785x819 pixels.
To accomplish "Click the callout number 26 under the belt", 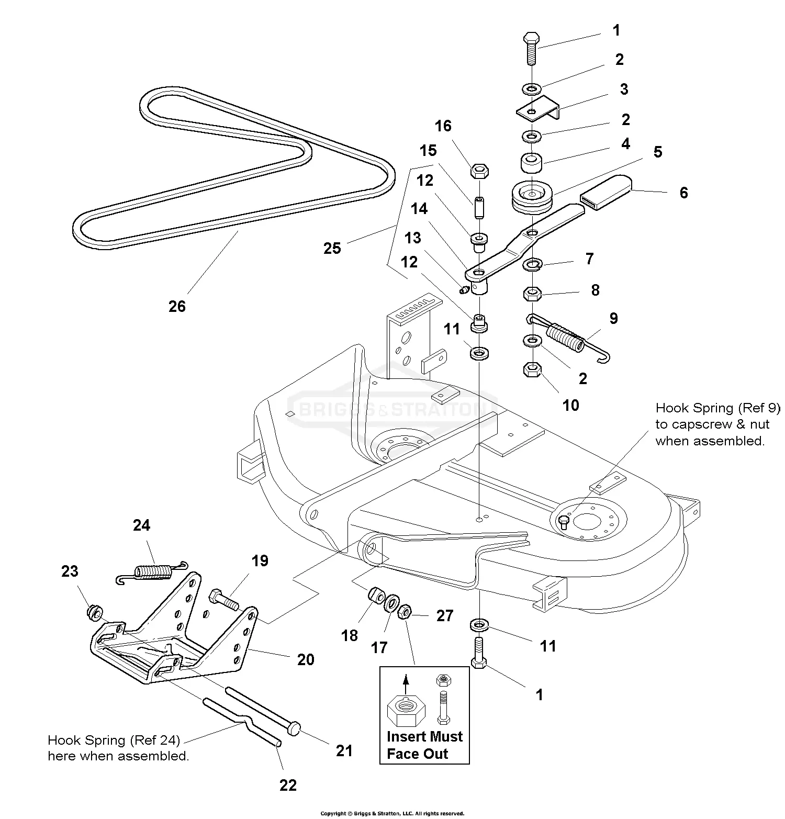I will click(177, 306).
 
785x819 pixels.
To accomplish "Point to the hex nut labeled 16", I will click(479, 171).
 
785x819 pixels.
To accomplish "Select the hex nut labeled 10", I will click(532, 371).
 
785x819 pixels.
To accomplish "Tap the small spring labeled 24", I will click(152, 570).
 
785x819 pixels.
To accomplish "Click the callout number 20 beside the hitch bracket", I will click(306, 659).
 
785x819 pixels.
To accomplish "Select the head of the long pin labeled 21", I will click(295, 727).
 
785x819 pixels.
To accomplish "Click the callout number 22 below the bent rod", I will click(288, 784).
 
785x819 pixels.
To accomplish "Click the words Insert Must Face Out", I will click(424, 745).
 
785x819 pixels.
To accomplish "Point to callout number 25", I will click(332, 248).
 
